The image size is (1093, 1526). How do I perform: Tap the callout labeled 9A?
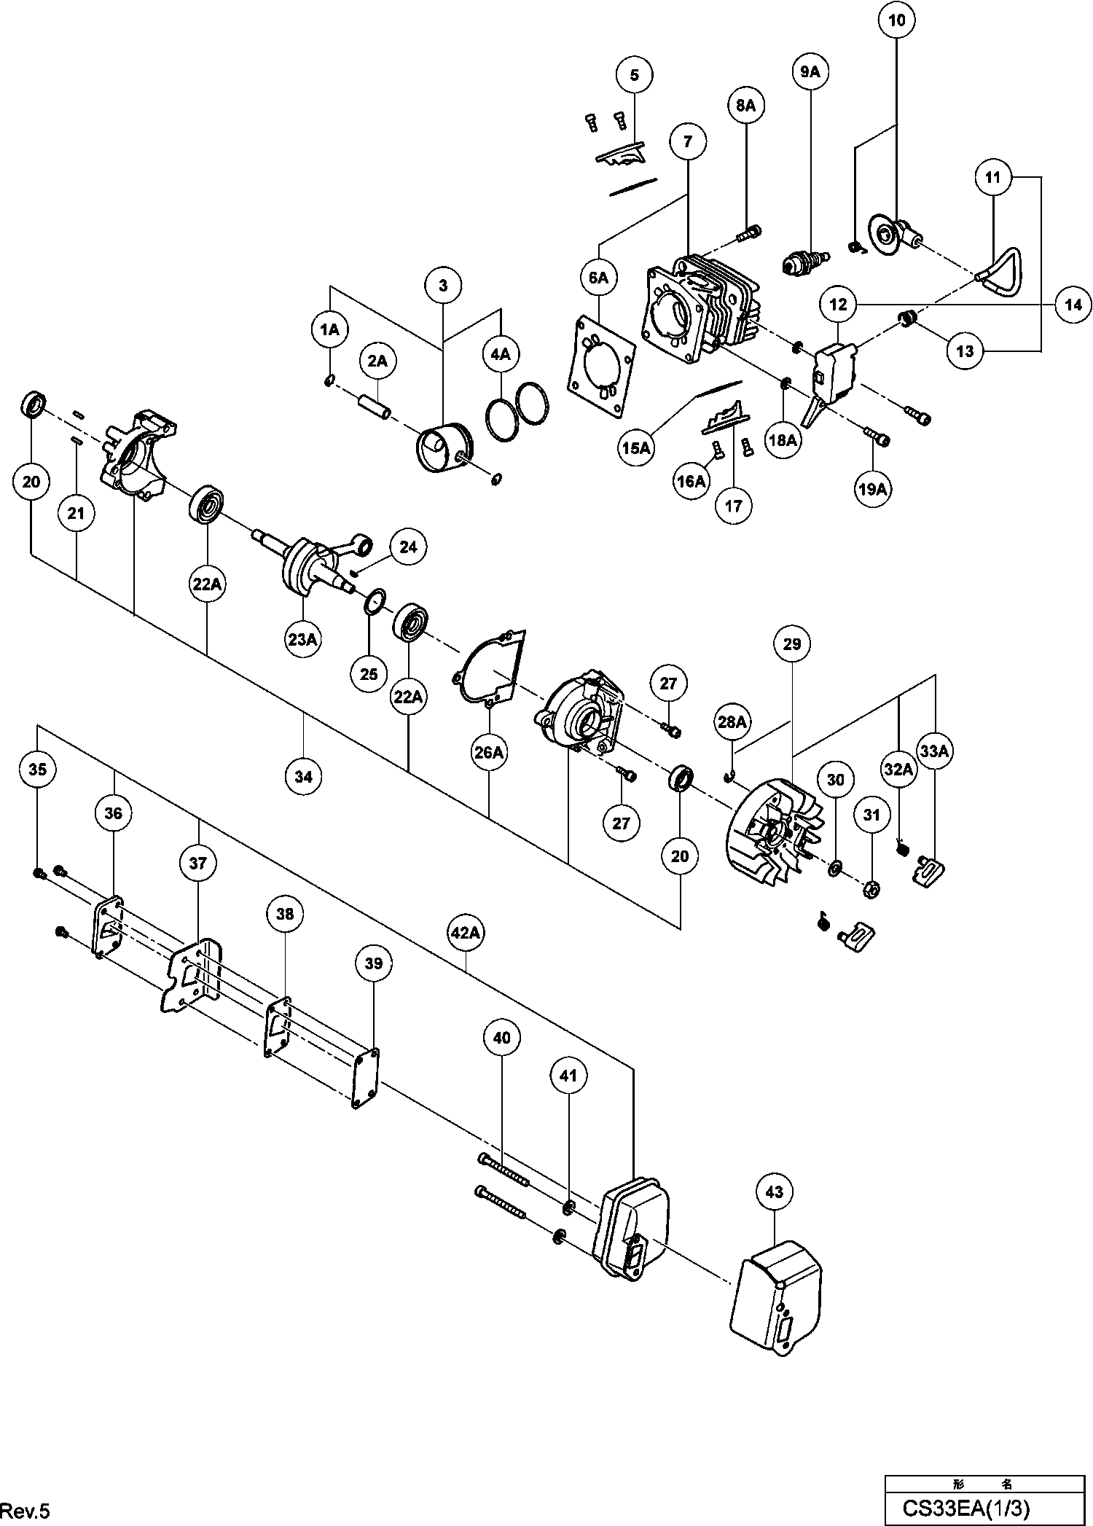coord(810,71)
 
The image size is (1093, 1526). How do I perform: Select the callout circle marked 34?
coord(303,776)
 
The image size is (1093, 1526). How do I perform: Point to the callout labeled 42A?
coord(465,933)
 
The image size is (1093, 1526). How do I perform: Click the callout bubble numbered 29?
coord(791,643)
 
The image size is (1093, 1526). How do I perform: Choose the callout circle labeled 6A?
coord(598,278)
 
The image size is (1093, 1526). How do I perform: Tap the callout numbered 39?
coord(373,963)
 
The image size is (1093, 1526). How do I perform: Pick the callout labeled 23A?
coord(302,639)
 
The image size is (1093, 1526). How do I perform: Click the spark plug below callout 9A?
coord(805,261)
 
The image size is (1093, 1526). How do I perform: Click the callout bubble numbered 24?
coord(408,547)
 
